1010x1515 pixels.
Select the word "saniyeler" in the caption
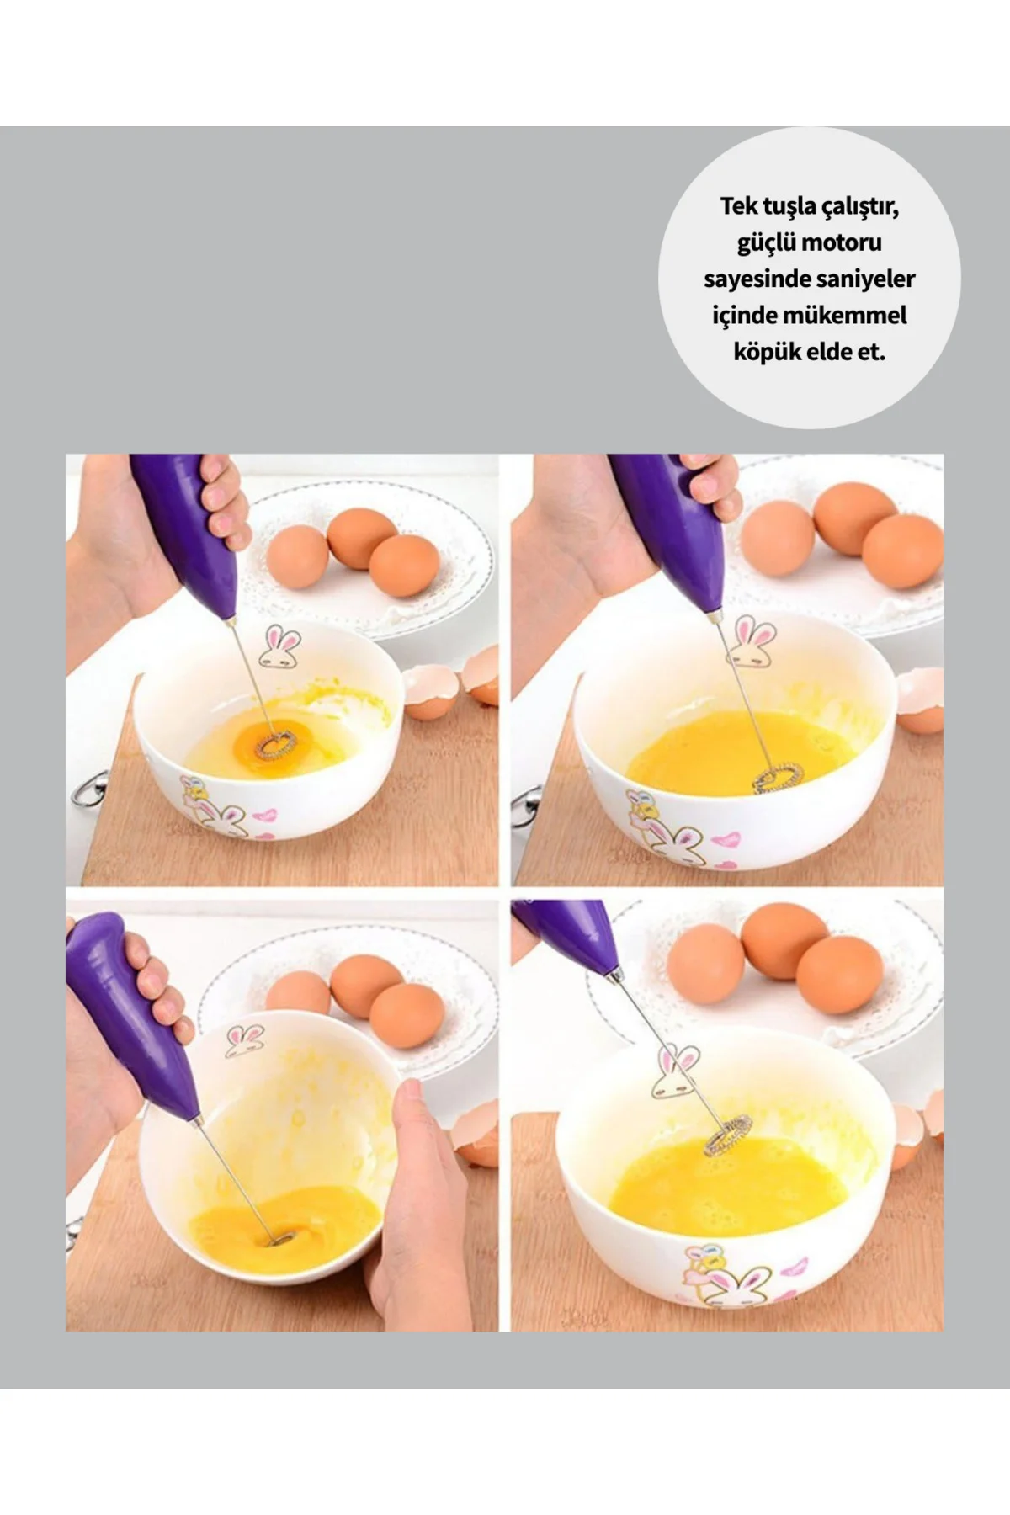pyautogui.click(x=865, y=279)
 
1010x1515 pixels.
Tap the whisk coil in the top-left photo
pyautogui.click(x=277, y=743)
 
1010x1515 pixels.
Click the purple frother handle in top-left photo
pyautogui.click(x=183, y=529)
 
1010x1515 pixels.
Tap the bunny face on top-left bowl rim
pyautogui.click(x=280, y=646)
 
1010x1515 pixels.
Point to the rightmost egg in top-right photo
pyautogui.click(x=901, y=551)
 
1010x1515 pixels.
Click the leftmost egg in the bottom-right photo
pyautogui.click(x=705, y=963)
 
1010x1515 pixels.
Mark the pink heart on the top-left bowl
pyautogui.click(x=264, y=816)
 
